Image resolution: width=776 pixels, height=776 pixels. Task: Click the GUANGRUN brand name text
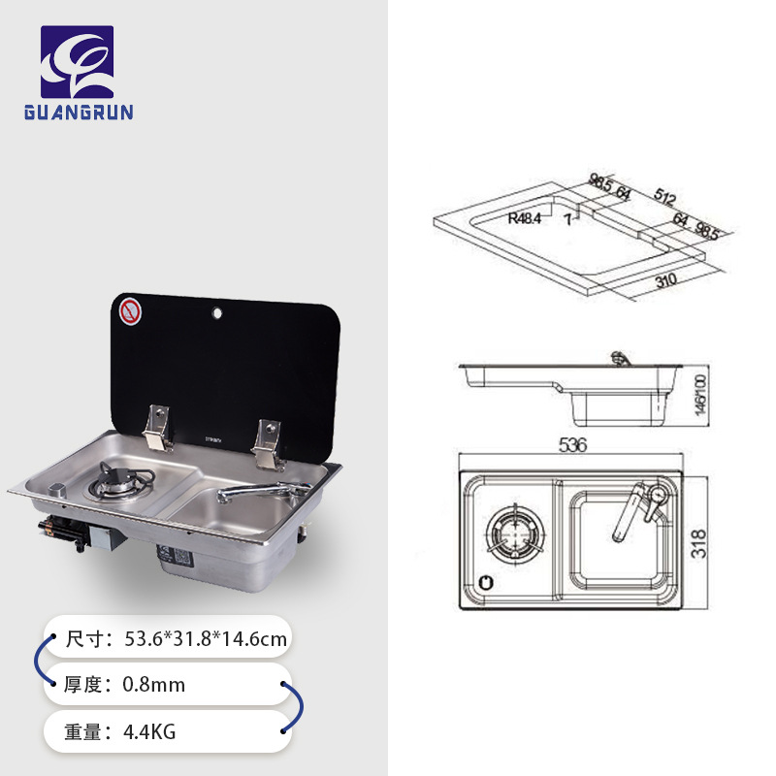click(x=79, y=112)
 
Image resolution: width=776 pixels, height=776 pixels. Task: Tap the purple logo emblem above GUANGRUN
click(x=77, y=61)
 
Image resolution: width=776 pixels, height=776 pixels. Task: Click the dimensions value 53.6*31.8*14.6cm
click(x=206, y=638)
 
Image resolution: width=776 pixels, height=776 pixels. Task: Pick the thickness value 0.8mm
click(x=153, y=685)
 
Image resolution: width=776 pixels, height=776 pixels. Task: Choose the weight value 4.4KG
click(x=149, y=731)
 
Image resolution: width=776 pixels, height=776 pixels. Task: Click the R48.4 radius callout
click(x=525, y=219)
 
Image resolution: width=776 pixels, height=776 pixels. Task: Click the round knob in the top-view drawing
click(x=486, y=583)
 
